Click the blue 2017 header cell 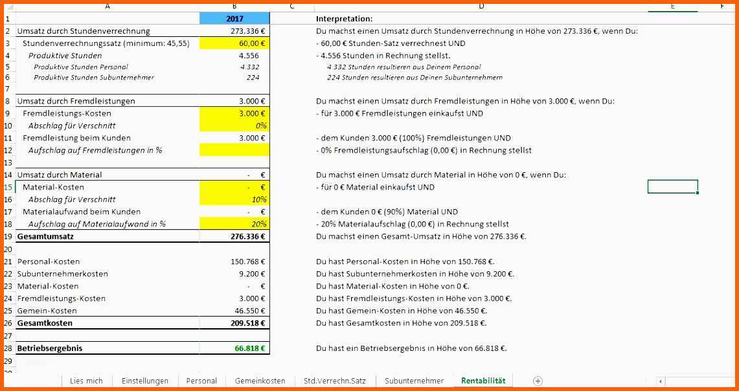(x=234, y=19)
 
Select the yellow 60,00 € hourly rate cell (x=234, y=43)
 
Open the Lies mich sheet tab (x=86, y=381)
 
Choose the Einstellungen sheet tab (x=145, y=381)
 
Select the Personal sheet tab (x=201, y=381)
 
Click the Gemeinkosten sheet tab (x=260, y=381)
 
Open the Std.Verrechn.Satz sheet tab (x=330, y=381)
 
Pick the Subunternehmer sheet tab (x=414, y=381)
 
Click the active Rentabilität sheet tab (x=483, y=381)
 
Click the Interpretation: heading (x=344, y=19)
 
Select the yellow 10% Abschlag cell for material (x=234, y=199)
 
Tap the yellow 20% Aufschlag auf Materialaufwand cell (x=234, y=224)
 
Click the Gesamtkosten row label (x=45, y=323)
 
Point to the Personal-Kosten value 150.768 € (x=247, y=262)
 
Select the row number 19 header (x=8, y=236)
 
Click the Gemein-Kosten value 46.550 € (x=249, y=311)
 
